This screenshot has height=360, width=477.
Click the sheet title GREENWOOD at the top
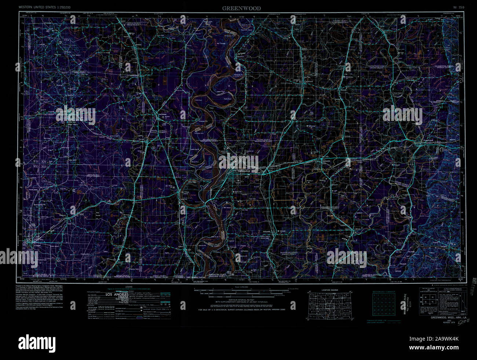[x=241, y=8]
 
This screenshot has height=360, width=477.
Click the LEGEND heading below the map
[x=128, y=287]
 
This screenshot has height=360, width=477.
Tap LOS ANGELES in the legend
[x=117, y=294]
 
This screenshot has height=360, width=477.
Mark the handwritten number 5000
[x=456, y=322]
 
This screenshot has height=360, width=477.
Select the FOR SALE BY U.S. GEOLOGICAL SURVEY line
[x=241, y=310]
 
